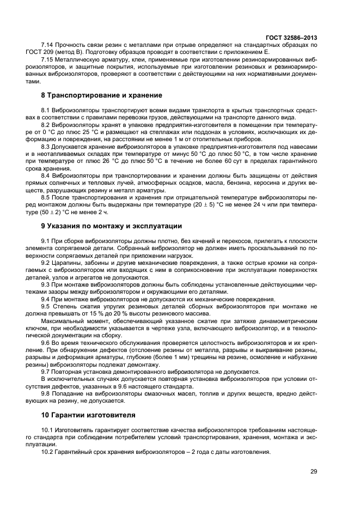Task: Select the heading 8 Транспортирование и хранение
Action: click(94, 95)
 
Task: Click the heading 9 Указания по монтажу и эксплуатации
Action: click(112, 226)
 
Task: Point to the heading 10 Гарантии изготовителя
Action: click(88, 414)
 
